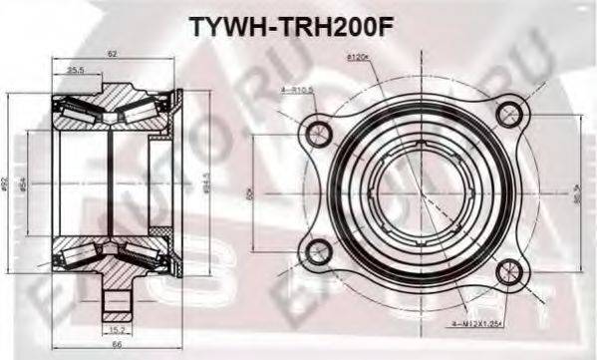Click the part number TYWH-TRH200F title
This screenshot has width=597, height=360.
click(298, 23)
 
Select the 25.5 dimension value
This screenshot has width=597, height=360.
click(75, 70)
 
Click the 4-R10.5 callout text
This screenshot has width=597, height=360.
click(297, 90)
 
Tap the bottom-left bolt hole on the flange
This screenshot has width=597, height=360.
click(320, 251)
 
